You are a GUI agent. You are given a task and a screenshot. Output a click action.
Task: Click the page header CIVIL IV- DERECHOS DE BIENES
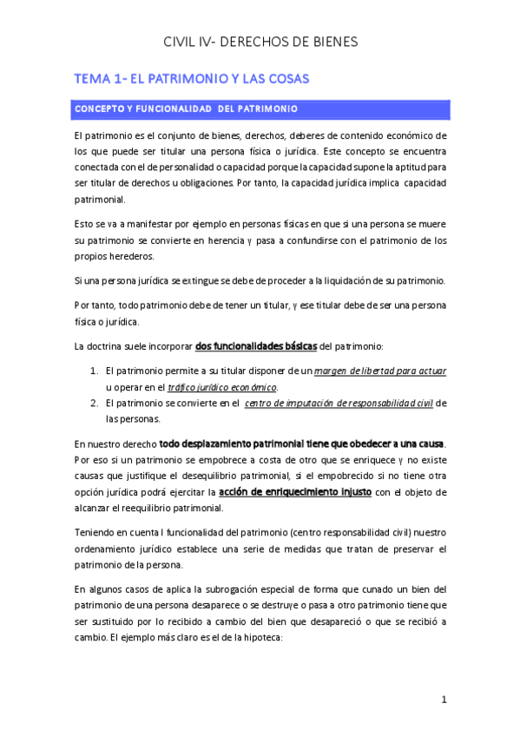click(x=260, y=42)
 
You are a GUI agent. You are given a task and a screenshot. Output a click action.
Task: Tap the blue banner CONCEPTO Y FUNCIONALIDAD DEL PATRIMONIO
click(x=187, y=109)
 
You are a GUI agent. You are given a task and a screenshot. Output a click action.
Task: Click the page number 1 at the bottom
click(x=443, y=700)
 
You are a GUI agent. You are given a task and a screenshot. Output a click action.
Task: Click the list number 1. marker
click(x=95, y=371)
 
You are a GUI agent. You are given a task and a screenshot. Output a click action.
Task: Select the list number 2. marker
click(x=95, y=404)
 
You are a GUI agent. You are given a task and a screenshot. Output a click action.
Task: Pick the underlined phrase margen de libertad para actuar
click(x=380, y=371)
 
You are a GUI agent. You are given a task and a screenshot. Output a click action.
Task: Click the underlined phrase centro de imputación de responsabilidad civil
click(x=339, y=404)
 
